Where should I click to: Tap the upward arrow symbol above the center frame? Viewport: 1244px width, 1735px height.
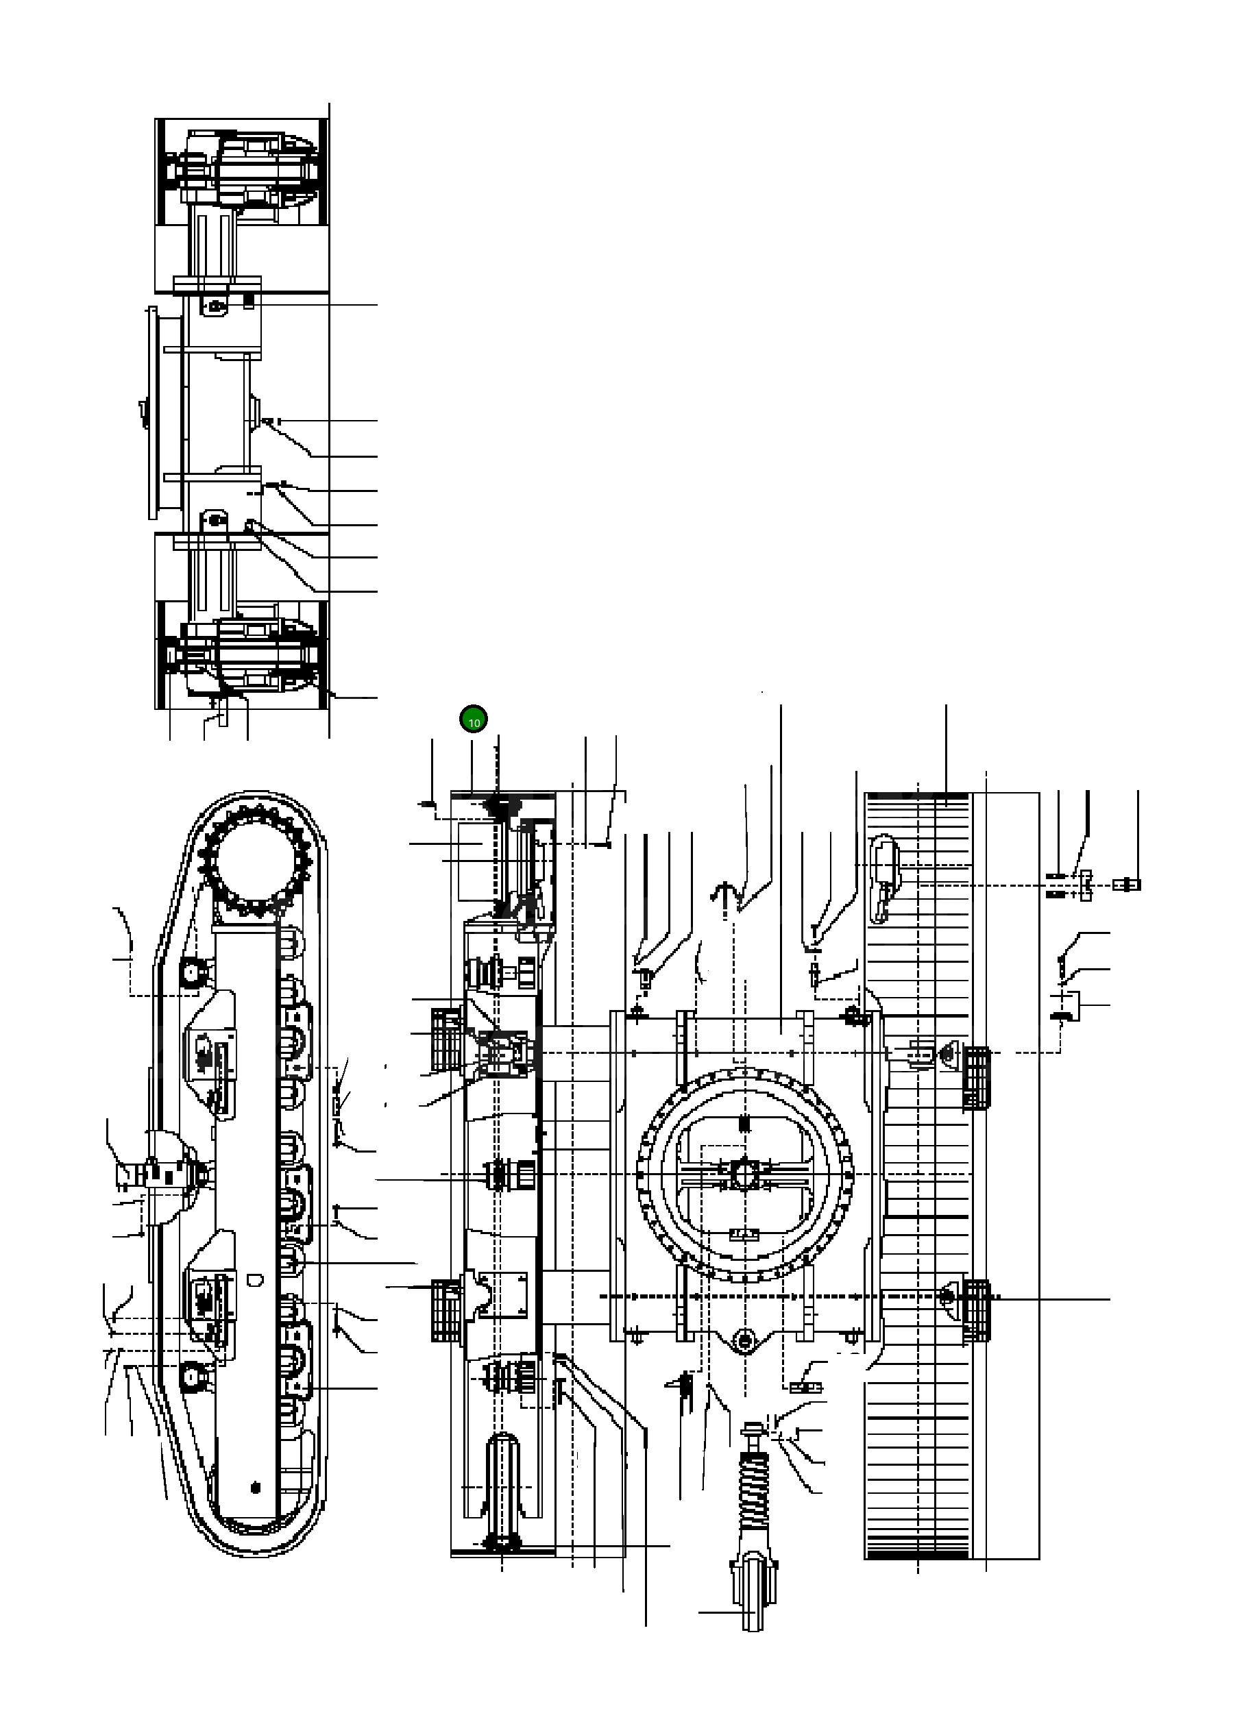723,892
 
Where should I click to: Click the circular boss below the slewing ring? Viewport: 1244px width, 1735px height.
744,1339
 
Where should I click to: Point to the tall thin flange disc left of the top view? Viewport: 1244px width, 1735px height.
152,413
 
